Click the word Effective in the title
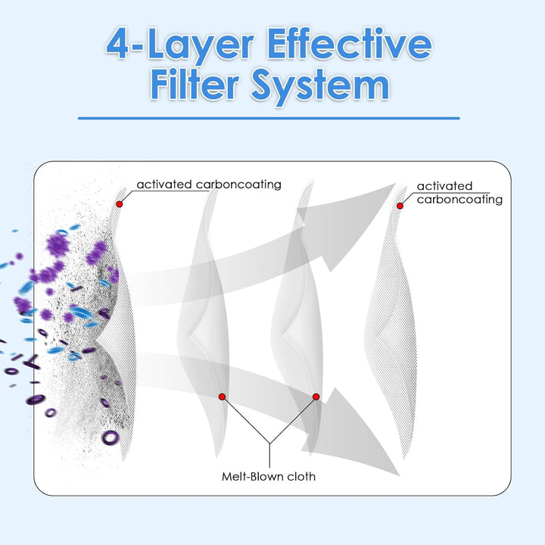[349, 45]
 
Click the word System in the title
[319, 86]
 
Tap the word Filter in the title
[195, 84]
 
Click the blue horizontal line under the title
[269, 118]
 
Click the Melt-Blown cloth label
[269, 476]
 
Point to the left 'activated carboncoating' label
[209, 184]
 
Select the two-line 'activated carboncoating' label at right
[459, 192]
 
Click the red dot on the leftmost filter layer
[120, 204]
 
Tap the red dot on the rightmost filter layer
[400, 206]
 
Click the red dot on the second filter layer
[222, 397]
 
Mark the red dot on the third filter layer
[316, 397]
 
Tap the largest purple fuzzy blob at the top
[58, 245]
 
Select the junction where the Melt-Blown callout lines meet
[269, 444]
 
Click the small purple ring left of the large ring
[51, 413]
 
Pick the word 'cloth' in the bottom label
[301, 476]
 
